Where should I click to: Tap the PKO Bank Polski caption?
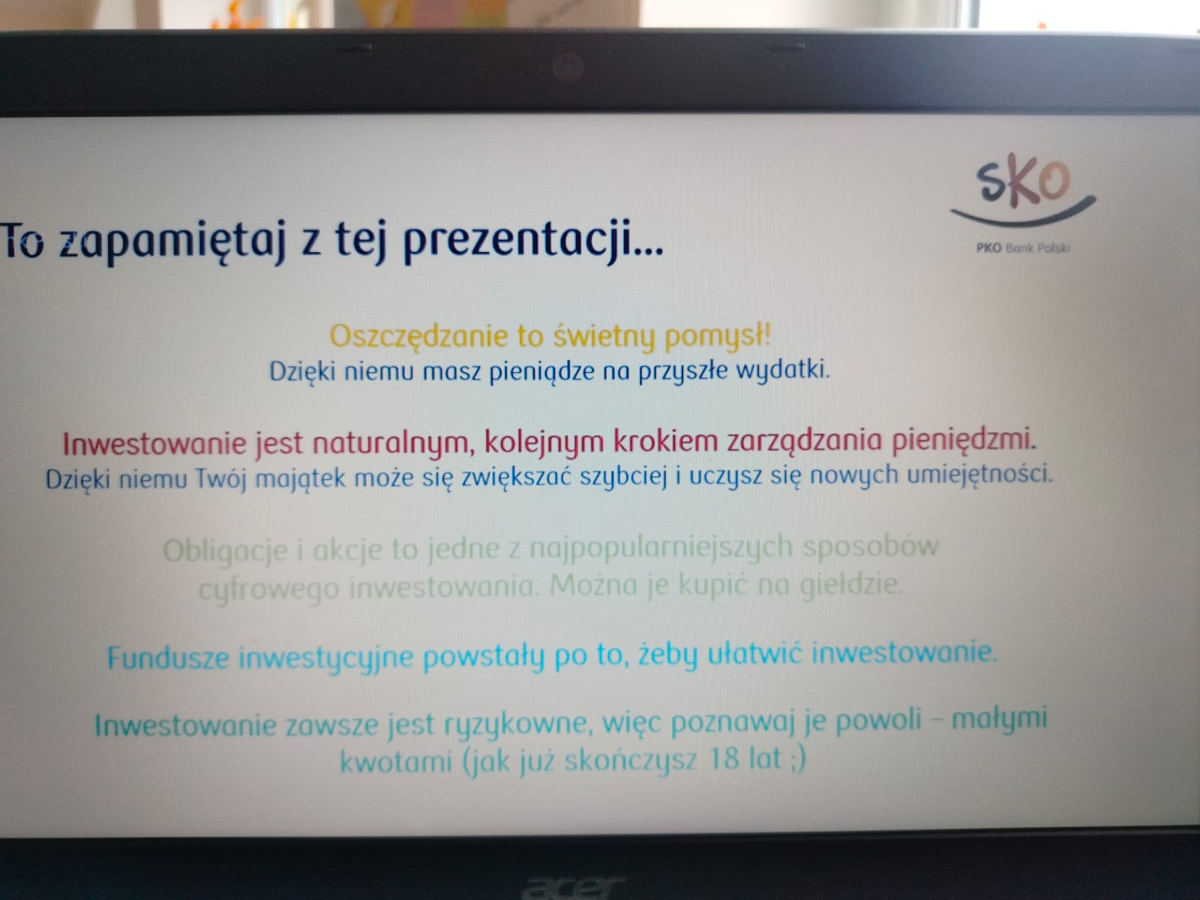click(x=1023, y=248)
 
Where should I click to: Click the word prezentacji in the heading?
click(x=533, y=241)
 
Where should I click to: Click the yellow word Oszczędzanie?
click(x=418, y=337)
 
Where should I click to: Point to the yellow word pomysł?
click(x=717, y=334)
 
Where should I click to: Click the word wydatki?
click(x=782, y=370)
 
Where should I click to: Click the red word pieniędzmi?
click(x=963, y=440)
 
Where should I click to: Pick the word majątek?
click(x=300, y=479)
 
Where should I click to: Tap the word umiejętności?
click(x=979, y=475)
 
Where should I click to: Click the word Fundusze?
click(x=168, y=658)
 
